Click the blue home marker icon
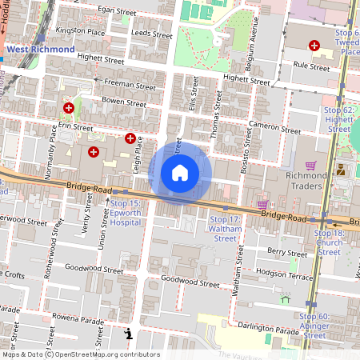click(180, 172)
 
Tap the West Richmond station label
click(41, 49)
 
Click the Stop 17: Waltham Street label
click(225, 228)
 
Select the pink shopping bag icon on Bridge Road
click(262, 205)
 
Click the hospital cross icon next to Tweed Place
click(314, 46)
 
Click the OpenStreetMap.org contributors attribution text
click(106, 354)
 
